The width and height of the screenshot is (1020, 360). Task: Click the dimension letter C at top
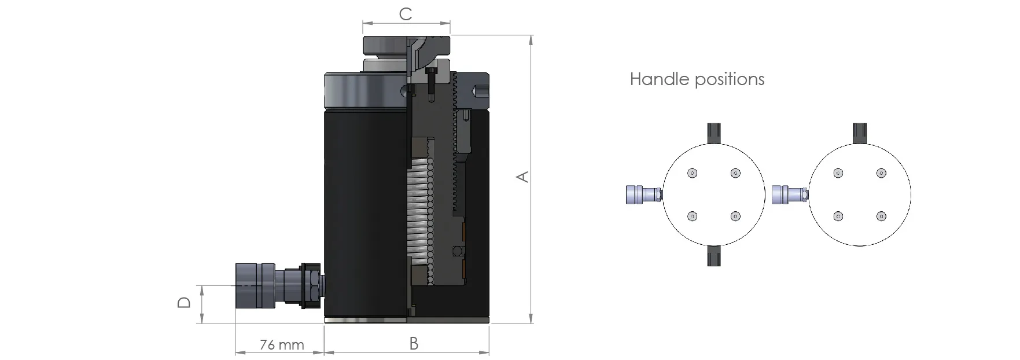406,14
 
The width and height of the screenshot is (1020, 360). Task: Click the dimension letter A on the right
522,177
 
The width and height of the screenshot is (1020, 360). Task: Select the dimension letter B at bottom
414,343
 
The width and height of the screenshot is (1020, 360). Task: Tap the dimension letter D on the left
184,302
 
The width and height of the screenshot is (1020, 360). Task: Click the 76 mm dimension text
282,345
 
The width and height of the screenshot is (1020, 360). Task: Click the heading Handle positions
697,79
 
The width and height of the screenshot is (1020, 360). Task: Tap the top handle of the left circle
714,133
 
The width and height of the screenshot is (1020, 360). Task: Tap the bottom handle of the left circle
714,255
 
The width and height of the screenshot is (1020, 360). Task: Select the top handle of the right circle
860,133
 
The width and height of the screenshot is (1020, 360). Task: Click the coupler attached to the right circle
787,194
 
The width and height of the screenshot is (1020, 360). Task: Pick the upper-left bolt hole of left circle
693,173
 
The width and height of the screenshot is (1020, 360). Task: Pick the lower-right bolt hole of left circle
735,216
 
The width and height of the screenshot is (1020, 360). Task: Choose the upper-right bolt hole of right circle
881,173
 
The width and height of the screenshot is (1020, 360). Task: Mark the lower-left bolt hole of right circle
838,216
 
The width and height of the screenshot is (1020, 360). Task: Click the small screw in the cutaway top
430,81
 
